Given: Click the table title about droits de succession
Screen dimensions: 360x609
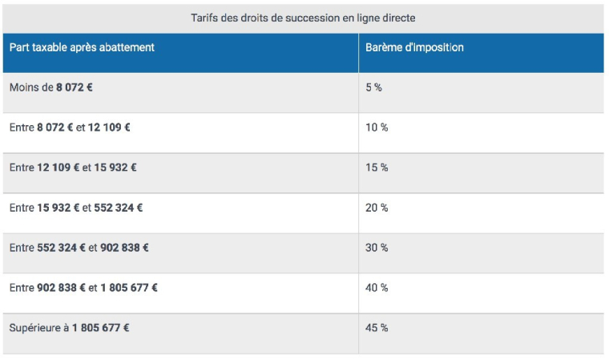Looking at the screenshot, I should click(x=303, y=17).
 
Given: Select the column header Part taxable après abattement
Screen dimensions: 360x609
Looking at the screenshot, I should click(x=82, y=47).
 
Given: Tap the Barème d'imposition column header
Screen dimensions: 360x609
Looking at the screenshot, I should click(x=414, y=47).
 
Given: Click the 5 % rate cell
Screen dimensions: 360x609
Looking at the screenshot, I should click(x=373, y=87).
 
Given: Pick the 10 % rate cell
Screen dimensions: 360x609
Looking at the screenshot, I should click(x=377, y=127).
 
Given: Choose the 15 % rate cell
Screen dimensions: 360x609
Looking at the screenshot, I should click(x=377, y=168).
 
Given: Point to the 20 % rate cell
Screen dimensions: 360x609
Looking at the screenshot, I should click(x=377, y=208).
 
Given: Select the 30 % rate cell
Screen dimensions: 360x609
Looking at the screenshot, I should click(x=377, y=248).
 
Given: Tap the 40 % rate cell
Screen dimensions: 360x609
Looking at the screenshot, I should click(x=377, y=288).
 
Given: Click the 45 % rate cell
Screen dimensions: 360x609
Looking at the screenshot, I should click(x=377, y=328).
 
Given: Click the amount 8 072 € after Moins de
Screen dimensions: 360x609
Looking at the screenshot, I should click(x=75, y=87).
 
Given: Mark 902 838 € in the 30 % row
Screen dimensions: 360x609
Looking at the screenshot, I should click(x=124, y=248).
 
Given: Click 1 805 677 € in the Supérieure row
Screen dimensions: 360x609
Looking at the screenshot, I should click(x=101, y=328).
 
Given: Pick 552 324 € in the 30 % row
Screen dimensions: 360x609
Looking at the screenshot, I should click(x=62, y=248).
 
